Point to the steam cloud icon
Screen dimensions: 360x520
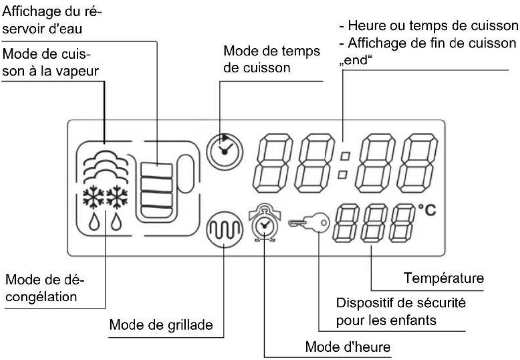pyautogui.click(x=104, y=164)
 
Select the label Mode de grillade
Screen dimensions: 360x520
pyautogui.click(x=161, y=326)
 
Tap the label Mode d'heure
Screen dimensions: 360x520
pyautogui.click(x=348, y=347)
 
